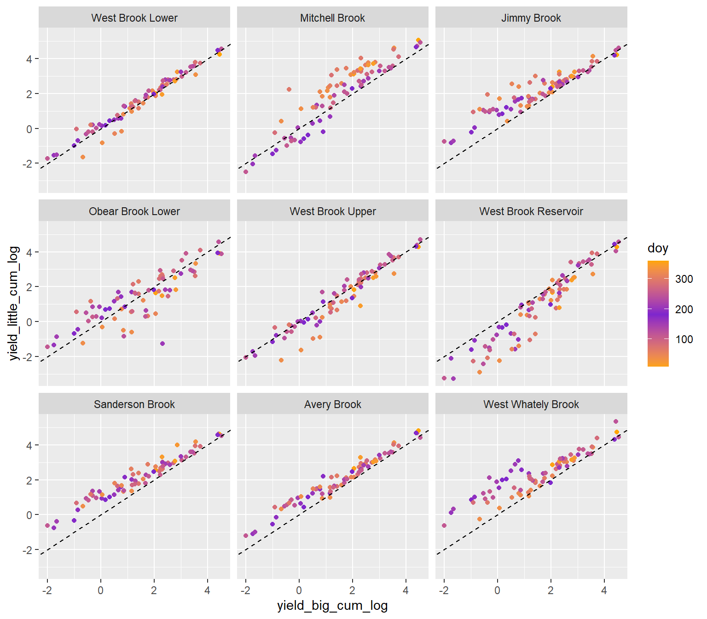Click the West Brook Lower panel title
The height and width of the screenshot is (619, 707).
pos(134,18)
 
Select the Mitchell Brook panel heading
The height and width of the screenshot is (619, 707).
pos(332,18)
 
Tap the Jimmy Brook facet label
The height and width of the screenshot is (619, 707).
pos(531,18)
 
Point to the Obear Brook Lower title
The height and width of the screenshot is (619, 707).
pos(134,211)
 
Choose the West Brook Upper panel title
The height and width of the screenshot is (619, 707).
pos(332,211)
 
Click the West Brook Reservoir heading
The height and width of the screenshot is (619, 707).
pos(531,211)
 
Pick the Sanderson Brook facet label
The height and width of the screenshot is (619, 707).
pos(134,404)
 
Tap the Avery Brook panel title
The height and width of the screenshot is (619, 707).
pos(332,404)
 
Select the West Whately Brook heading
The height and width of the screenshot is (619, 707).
pos(531,404)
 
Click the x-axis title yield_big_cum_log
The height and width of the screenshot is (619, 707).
pos(332,606)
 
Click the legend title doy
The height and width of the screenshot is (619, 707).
pos(657,248)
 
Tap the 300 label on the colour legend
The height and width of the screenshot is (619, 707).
pos(684,279)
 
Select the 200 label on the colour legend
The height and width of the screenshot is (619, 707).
pos(684,309)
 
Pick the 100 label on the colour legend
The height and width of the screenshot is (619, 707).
pos(684,339)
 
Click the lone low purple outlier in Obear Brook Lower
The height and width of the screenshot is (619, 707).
pos(162,344)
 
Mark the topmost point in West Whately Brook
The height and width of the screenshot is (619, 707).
pos(616,421)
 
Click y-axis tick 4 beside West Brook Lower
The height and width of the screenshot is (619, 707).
pos(29,59)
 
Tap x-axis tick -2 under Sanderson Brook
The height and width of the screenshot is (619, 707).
pos(47,590)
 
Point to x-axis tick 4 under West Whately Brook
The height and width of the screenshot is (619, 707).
pos(604,590)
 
